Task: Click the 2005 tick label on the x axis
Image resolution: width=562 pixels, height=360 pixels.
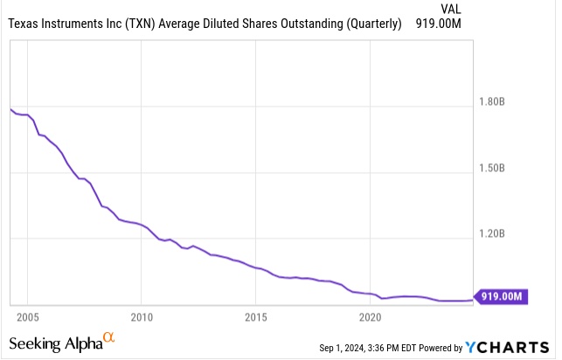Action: tap(28, 315)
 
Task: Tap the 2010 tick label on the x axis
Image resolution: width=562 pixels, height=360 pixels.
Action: tap(142, 315)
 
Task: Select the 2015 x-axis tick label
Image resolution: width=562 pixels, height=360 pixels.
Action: tap(256, 315)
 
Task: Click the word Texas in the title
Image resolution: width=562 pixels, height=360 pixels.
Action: tap(26, 24)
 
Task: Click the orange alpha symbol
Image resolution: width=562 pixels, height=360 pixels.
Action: tap(109, 336)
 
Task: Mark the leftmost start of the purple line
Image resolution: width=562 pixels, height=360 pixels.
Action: tap(10, 108)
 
